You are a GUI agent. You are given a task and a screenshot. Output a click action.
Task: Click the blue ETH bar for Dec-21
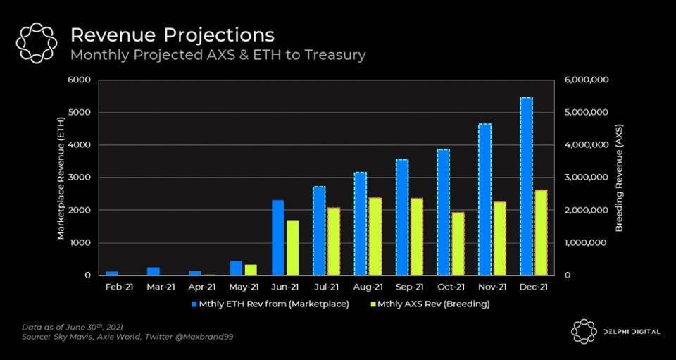(x=526, y=186)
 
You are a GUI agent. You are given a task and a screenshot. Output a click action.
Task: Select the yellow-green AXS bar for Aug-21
(x=375, y=236)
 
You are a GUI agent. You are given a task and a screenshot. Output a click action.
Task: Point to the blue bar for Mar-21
(x=154, y=271)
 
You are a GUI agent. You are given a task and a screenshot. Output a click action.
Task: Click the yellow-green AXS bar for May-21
(x=251, y=270)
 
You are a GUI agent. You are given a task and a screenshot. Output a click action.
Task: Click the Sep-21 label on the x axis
(x=409, y=287)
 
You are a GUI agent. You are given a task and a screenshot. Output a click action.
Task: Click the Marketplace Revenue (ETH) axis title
(x=61, y=178)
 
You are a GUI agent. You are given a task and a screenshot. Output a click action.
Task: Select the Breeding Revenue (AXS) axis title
(x=619, y=178)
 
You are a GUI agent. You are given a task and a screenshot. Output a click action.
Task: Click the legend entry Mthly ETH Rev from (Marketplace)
(x=270, y=304)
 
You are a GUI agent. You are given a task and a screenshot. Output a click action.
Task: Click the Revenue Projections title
(x=173, y=35)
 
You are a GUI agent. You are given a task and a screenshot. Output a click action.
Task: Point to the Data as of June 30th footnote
(x=64, y=328)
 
